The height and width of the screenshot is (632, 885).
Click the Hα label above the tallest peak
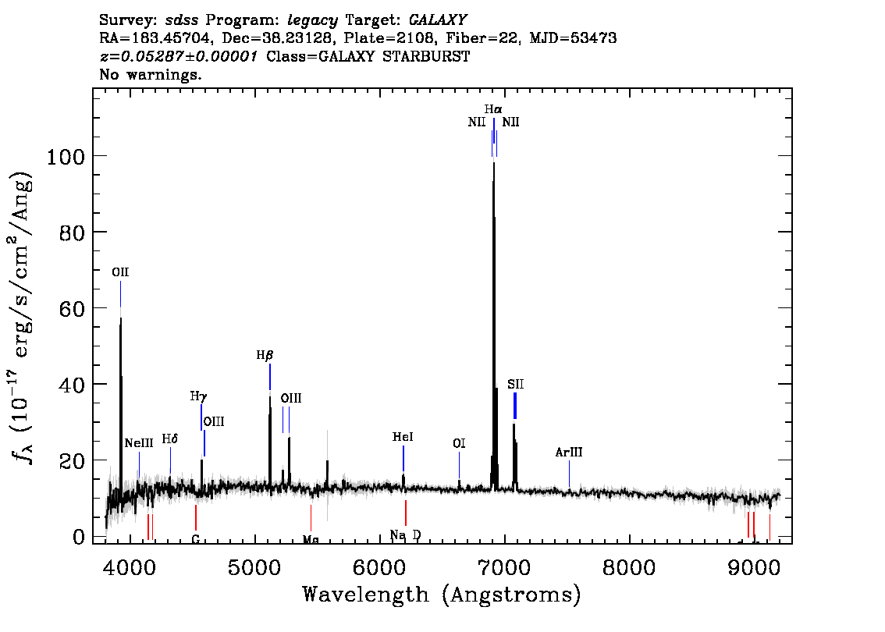[492, 109]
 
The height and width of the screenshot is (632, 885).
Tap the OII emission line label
[120, 272]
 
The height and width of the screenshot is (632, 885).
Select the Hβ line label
[265, 355]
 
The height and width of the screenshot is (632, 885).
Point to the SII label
[515, 385]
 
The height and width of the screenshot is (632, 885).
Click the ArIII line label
[569, 452]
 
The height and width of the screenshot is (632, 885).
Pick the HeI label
[403, 437]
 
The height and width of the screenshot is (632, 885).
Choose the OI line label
[459, 443]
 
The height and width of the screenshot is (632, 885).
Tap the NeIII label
[139, 443]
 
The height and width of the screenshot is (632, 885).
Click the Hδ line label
[170, 438]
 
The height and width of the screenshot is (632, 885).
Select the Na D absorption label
[405, 535]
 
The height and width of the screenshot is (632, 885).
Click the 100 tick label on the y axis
[65, 156]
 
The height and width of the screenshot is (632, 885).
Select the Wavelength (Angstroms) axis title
[442, 595]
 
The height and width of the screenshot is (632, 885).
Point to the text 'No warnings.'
[150, 74]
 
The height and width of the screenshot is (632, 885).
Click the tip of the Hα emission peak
[494, 162]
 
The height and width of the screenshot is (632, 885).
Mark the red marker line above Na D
[406, 513]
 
